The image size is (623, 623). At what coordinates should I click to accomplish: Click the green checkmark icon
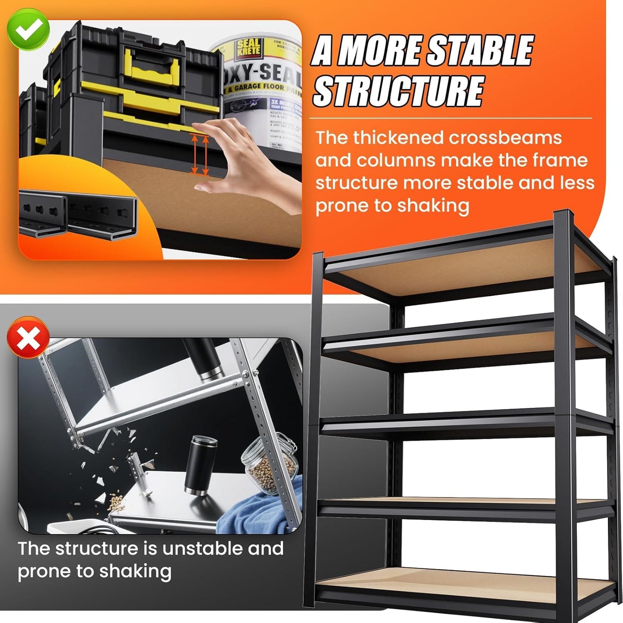tap(28, 28)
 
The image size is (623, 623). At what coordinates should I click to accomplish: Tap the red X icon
tap(28, 338)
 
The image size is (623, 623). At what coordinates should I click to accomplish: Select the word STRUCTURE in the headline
tap(398, 91)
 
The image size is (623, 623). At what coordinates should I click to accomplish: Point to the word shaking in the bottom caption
tap(135, 571)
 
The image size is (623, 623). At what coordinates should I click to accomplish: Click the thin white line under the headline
tap(451, 118)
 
